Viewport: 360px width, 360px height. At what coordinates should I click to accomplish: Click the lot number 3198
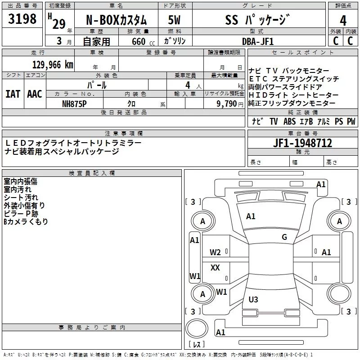22,19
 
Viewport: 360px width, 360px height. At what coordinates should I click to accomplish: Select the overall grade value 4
343,21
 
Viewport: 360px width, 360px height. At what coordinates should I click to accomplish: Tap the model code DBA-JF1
258,41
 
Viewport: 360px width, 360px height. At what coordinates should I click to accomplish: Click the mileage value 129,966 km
53,65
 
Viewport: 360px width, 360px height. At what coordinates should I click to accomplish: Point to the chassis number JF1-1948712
302,143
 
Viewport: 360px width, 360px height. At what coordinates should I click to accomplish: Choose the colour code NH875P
74,104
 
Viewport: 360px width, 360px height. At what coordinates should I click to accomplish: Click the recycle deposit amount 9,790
227,104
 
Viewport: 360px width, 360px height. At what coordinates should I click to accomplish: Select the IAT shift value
13,94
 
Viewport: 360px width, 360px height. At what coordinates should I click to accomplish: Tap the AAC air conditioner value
35,94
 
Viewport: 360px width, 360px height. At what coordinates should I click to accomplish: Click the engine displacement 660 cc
143,42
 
